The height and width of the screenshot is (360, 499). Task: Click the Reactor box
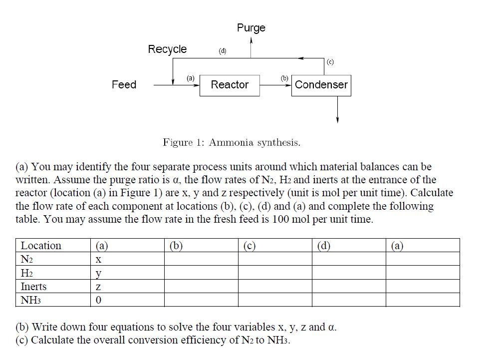[x=230, y=85]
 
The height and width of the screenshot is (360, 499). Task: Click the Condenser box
[x=321, y=85]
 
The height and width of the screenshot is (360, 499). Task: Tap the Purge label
[x=251, y=28]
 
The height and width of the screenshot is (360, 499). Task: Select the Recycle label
[x=167, y=49]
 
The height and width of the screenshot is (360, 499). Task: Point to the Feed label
[x=124, y=85]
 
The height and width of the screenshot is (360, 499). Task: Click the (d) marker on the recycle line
[x=223, y=51]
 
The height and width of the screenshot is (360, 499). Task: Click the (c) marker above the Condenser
[x=330, y=62]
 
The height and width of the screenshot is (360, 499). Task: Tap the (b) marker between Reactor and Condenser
[x=284, y=78]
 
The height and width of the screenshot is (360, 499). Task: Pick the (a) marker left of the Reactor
[x=191, y=78]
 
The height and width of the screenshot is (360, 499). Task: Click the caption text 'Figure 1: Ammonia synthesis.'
[x=232, y=143]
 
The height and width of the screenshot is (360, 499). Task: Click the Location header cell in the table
[x=41, y=246]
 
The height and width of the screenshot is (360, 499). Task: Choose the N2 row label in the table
[x=26, y=260]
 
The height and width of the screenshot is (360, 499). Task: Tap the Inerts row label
[x=33, y=287]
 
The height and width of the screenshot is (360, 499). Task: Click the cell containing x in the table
[x=98, y=260]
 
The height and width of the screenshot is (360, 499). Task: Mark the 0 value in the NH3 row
[x=98, y=300]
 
